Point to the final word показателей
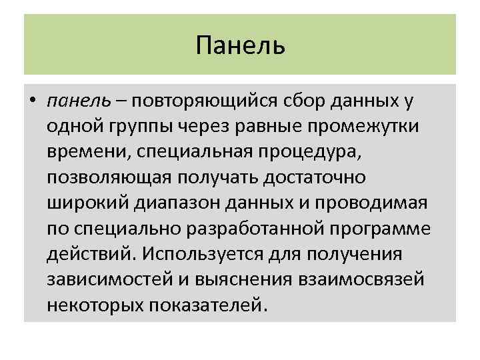coord(203,305)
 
